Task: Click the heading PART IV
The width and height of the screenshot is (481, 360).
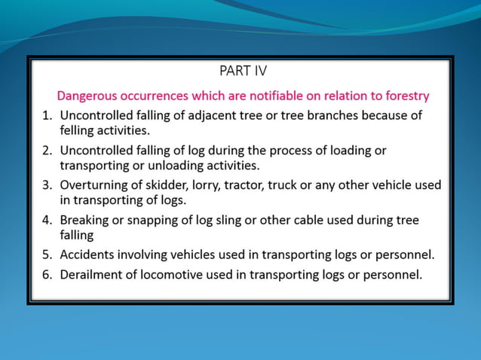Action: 242,72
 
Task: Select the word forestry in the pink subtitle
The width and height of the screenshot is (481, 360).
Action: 405,96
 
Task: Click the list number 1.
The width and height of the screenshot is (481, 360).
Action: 46,116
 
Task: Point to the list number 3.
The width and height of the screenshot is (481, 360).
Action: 46,185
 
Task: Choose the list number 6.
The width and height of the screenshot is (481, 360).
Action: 46,274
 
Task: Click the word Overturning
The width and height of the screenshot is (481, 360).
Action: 93,185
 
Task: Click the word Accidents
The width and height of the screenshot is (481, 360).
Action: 88,255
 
